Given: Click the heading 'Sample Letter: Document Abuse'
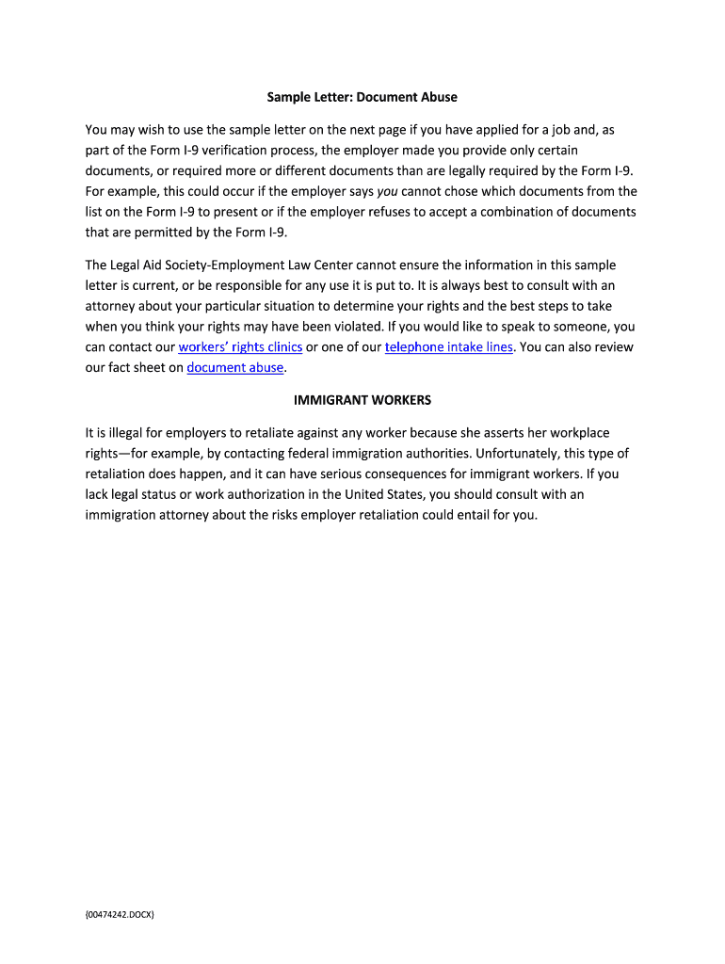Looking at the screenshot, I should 362,97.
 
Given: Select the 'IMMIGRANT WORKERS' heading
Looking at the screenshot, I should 362,400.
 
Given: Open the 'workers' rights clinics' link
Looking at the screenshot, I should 240,346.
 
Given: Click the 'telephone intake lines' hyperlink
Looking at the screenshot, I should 449,346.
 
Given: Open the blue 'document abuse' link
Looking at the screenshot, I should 235,367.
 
